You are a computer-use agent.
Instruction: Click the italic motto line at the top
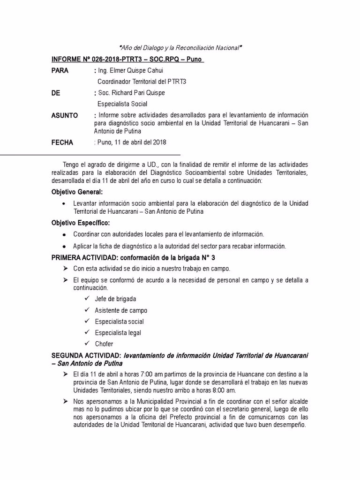pos(180,48)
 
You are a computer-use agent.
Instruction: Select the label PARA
pos(60,71)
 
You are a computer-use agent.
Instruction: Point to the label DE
pos(56,93)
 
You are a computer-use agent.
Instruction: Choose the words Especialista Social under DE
pos(122,104)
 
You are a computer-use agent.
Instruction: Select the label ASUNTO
pos(64,115)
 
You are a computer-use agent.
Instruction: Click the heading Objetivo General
pos(77,192)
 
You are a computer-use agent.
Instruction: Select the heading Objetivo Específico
pos(80,223)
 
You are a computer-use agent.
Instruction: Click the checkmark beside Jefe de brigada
pos(86,299)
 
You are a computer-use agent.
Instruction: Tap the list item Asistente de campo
pos(120,310)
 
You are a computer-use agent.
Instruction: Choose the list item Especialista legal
pos(118,333)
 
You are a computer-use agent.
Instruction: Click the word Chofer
pos(104,344)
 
